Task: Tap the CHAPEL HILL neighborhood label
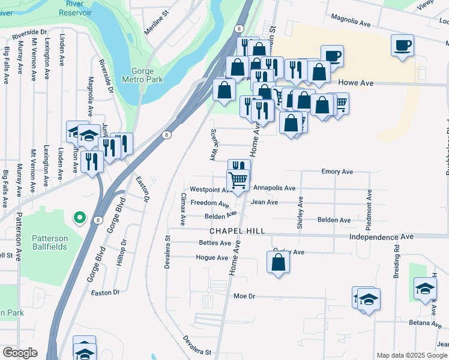(237, 232)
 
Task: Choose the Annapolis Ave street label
(274, 188)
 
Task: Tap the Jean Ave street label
(264, 202)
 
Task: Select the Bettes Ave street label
(215, 243)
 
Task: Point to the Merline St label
(158, 30)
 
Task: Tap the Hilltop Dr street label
(124, 253)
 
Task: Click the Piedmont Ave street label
(370, 210)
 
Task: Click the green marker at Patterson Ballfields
(79, 218)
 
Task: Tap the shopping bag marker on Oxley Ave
(277, 262)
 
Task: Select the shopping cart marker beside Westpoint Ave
(238, 179)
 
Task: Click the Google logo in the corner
(19, 353)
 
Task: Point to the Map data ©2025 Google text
(412, 355)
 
